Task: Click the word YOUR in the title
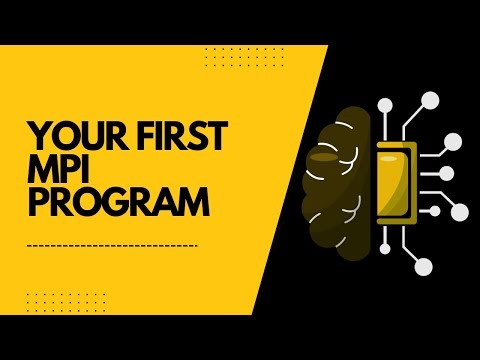(x=68, y=136)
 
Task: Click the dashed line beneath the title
(x=112, y=245)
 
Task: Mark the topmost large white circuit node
(x=431, y=99)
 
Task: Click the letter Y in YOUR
(x=36, y=136)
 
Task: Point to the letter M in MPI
(x=41, y=169)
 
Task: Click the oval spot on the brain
(x=327, y=158)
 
